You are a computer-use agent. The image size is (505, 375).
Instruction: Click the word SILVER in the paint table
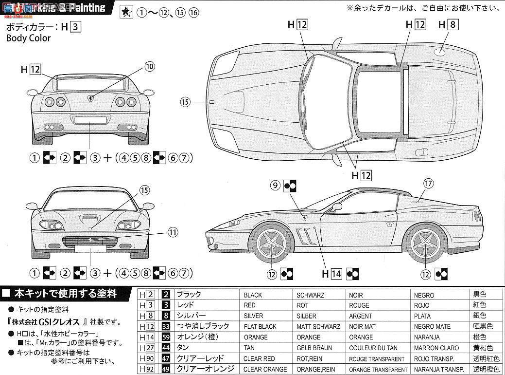pos(253,316)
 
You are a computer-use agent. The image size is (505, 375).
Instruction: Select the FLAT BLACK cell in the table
pos(259,326)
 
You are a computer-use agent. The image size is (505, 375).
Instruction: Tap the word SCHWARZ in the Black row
pos(311,295)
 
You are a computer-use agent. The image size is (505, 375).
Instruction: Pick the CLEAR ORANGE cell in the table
pos(265,369)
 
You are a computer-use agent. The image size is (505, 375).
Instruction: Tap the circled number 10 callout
pos(149,66)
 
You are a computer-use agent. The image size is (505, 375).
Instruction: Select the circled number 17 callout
pos(428,184)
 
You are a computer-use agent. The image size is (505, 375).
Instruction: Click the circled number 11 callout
pos(173,232)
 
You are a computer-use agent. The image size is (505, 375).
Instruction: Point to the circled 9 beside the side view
pos(275,185)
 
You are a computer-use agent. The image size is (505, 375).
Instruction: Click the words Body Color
pos(28,38)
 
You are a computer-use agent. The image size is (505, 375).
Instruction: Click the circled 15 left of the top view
pos(185,102)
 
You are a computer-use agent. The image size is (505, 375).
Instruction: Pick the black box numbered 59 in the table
pos(166,337)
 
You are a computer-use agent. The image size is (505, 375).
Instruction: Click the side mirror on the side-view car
pos(336,207)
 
